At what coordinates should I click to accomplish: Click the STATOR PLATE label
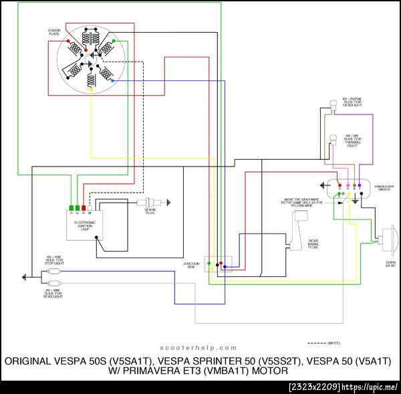tap(55, 32)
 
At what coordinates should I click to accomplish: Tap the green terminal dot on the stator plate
tap(114, 41)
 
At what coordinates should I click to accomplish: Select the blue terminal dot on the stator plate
tap(112, 80)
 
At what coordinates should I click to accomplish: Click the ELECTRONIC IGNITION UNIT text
tap(84, 226)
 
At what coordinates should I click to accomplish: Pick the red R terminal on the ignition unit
tap(83, 208)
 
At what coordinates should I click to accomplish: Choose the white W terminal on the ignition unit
tap(89, 208)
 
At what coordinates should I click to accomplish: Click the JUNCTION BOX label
tap(192, 265)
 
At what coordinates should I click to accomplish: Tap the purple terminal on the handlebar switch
tap(359, 186)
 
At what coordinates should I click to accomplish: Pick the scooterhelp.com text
tap(198, 348)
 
